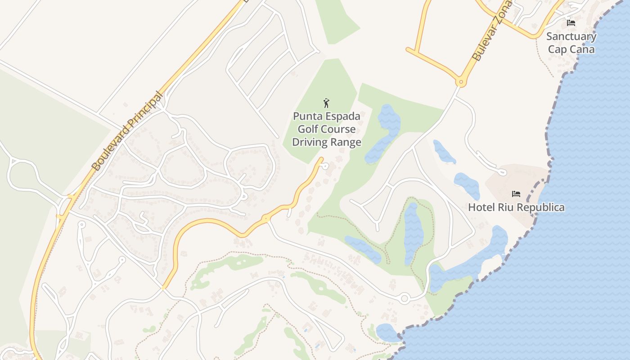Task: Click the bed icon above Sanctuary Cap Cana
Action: pos(571,22)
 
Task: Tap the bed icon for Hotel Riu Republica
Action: pos(516,194)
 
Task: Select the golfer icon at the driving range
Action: pos(327,103)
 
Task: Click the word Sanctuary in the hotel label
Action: pos(571,36)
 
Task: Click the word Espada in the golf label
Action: pos(341,117)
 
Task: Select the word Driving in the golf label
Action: pos(309,143)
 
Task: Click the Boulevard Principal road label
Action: pos(127,131)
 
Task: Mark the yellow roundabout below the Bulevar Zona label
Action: pos(460,82)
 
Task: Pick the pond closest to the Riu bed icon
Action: pos(467,185)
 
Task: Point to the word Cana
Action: pos(583,49)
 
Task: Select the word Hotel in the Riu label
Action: pos(481,207)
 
